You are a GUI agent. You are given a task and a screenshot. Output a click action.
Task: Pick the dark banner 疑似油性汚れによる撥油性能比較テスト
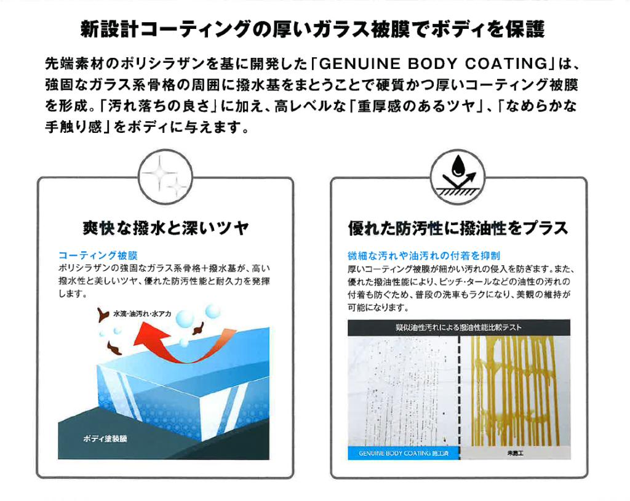[x=458, y=327]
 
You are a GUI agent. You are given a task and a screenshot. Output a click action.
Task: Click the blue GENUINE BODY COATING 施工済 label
[x=404, y=454]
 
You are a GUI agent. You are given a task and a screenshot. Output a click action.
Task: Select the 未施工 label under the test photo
[x=515, y=454]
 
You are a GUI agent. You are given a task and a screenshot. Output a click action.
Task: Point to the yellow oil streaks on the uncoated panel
[x=515, y=388]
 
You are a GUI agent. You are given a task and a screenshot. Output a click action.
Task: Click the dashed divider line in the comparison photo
[x=459, y=394]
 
